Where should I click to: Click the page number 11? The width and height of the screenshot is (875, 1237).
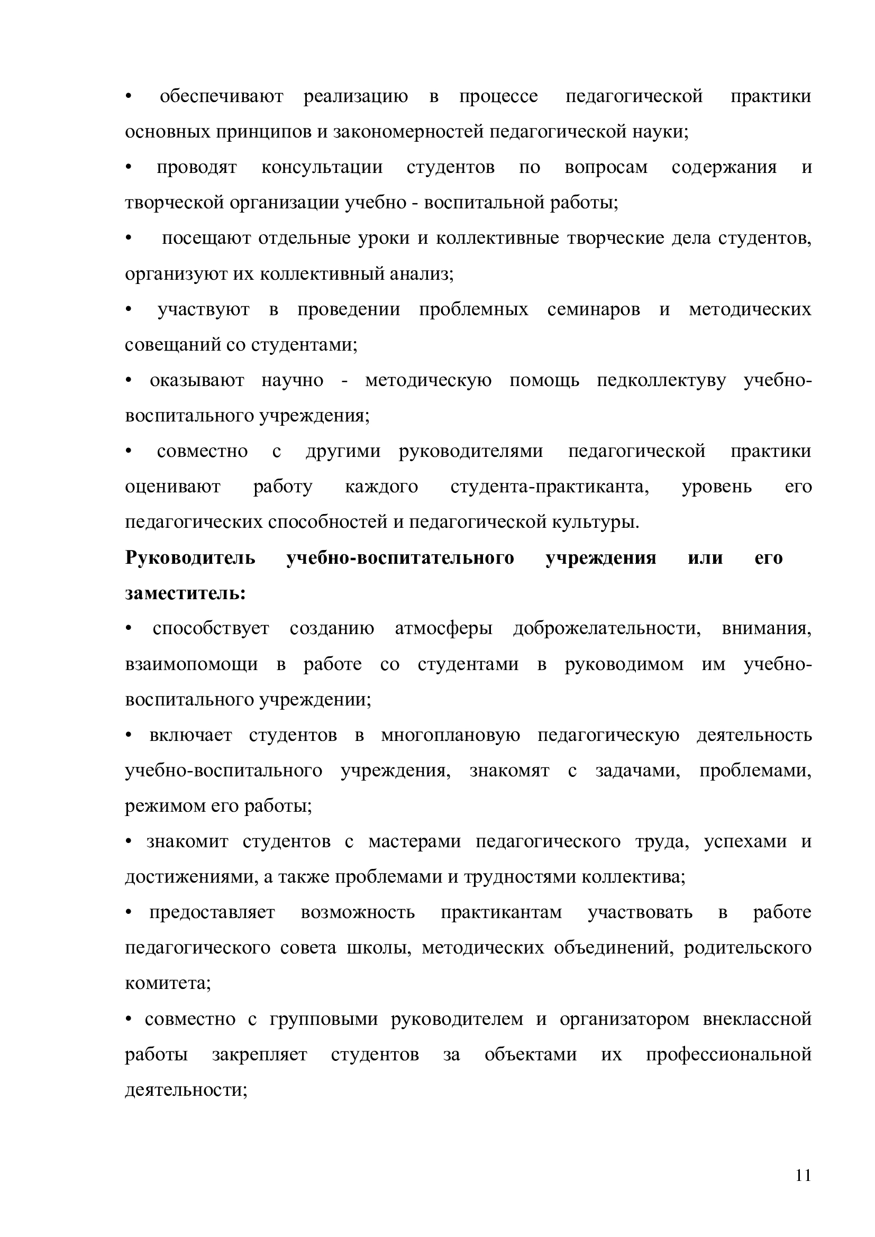tap(803, 1176)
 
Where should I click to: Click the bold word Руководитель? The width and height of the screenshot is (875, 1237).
tap(190, 557)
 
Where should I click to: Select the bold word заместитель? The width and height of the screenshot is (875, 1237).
tap(185, 593)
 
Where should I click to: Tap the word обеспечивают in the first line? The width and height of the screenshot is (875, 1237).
tap(222, 96)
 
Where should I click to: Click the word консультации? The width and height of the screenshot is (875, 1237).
tap(322, 168)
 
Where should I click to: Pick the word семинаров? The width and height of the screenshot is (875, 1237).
tap(593, 310)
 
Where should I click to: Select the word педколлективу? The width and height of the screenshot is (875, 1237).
tap(661, 381)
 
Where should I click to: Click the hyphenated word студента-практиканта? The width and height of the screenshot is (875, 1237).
tap(550, 487)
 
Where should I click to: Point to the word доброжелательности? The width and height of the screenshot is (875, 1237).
tap(607, 629)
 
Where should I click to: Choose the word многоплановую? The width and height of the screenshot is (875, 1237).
tap(450, 736)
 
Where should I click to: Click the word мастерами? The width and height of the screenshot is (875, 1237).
tap(414, 842)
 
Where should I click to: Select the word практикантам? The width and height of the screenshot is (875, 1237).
tap(501, 913)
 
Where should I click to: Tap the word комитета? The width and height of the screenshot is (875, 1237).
tap(168, 983)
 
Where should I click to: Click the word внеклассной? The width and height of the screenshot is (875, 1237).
tap(757, 1020)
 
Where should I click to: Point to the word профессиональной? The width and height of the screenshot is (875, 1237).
tap(728, 1056)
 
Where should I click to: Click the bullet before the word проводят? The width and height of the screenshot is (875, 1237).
tap(128, 168)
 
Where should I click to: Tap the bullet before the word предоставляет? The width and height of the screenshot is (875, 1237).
tap(128, 914)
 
